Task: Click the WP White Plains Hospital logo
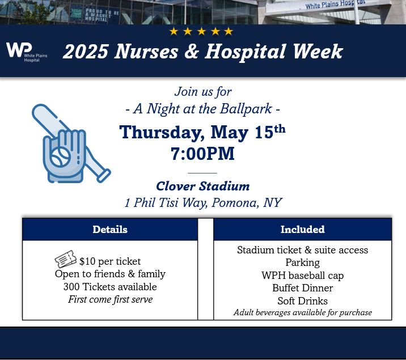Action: coord(26,52)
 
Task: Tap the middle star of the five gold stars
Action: coord(201,31)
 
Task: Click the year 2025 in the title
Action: coord(86,52)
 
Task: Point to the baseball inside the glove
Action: coord(60,156)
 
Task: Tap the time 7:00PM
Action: coord(202,154)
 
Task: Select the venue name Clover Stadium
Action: coord(202,186)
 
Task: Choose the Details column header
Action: coord(110,230)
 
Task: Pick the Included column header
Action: coord(302,230)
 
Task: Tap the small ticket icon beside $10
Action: coord(65,260)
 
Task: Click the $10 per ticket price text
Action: coord(110,261)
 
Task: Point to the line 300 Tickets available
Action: coord(110,287)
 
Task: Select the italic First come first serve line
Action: coord(110,299)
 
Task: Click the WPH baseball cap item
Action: coord(302,276)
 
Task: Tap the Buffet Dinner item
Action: coord(302,288)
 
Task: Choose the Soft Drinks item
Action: coord(302,301)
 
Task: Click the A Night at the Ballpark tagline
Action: coord(202,109)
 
